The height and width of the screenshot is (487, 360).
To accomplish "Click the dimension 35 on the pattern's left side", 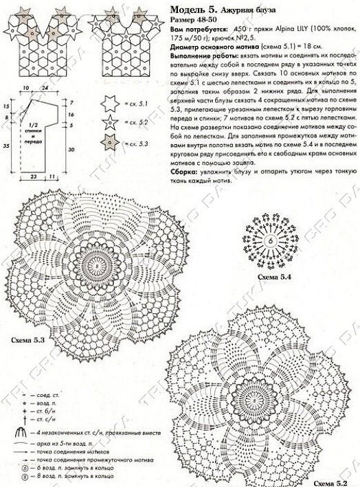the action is click(5, 147).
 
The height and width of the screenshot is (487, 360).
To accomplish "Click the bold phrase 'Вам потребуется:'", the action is click(194, 32).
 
